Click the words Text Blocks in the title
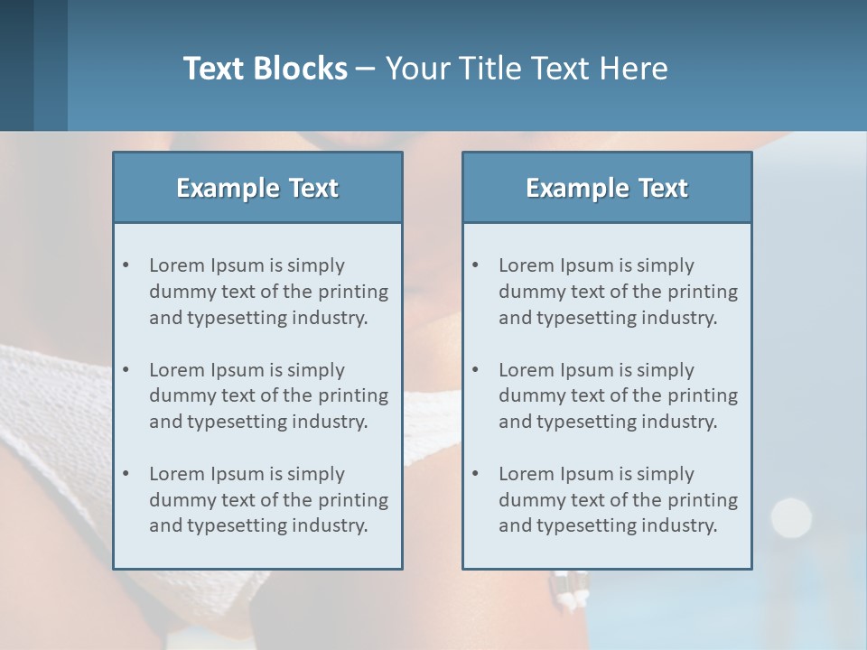tap(265, 69)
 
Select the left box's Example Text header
tap(257, 188)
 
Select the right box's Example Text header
tap(607, 188)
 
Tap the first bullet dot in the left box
tap(126, 265)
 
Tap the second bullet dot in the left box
tap(126, 370)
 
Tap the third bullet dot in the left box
tap(126, 474)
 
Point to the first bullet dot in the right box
tap(476, 265)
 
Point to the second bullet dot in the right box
tap(476, 370)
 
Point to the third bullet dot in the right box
tap(476, 474)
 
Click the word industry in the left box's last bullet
tap(331, 525)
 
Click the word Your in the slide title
tap(417, 69)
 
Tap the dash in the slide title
tap(366, 69)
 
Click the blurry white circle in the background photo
tap(791, 516)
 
